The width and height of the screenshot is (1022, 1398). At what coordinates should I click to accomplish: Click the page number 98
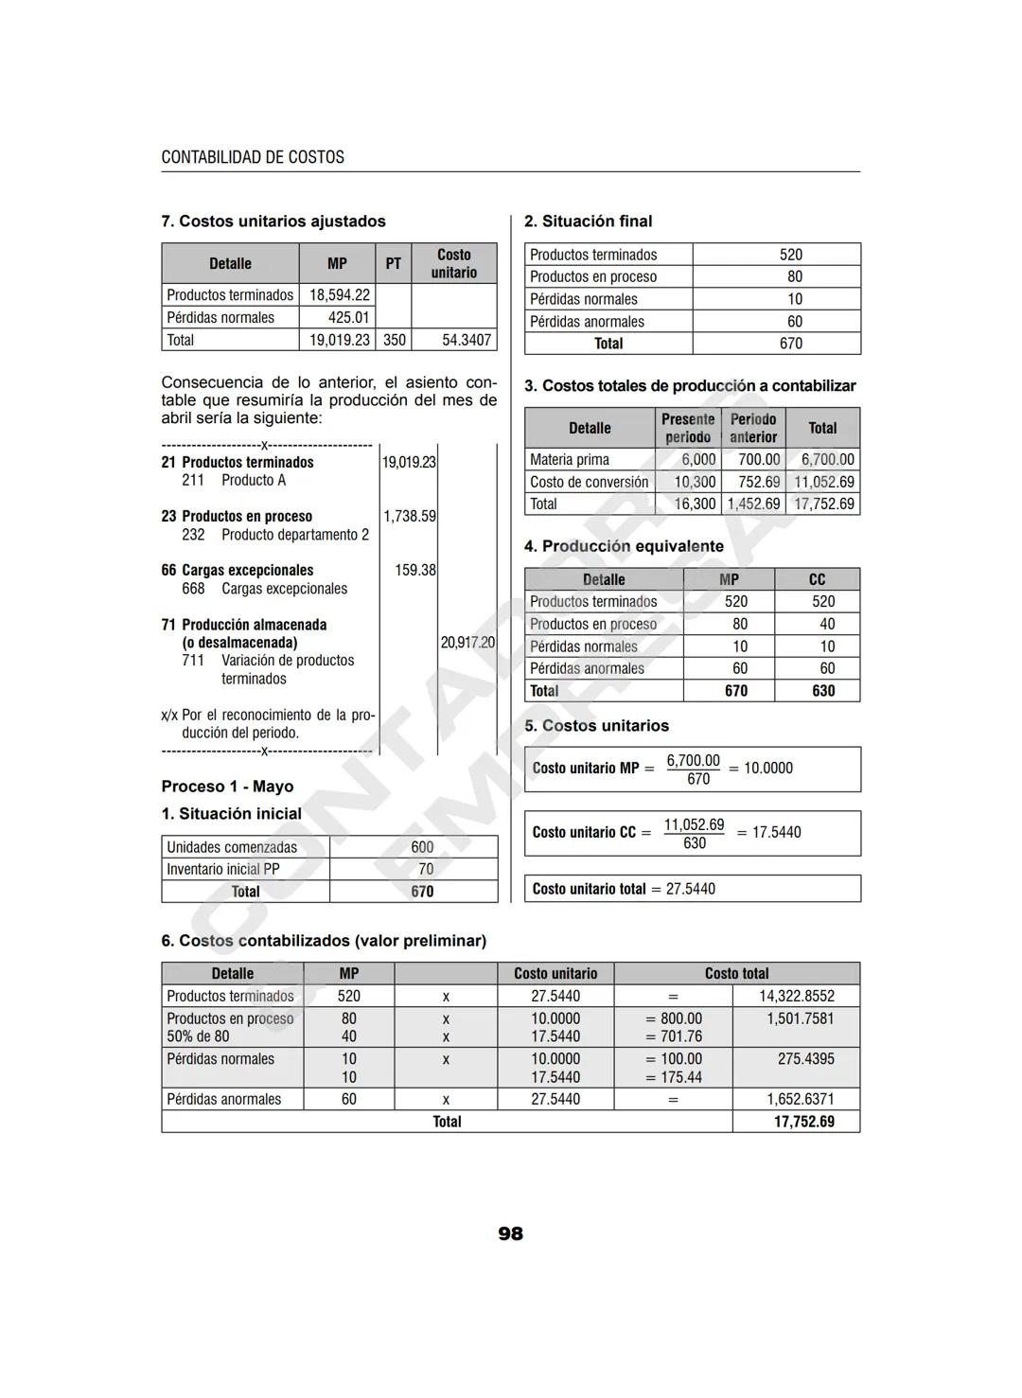[x=510, y=1233]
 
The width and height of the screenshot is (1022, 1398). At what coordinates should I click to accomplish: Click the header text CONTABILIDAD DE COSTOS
[x=253, y=157]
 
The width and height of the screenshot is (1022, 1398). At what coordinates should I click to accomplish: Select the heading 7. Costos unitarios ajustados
[x=273, y=221]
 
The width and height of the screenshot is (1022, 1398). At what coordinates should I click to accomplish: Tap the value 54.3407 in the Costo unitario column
[x=467, y=340]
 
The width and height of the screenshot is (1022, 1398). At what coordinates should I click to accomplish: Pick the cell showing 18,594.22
[x=340, y=295]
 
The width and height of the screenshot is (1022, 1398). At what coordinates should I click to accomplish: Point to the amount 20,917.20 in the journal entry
[x=467, y=643]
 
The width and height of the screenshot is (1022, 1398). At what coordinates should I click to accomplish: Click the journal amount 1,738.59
[x=410, y=517]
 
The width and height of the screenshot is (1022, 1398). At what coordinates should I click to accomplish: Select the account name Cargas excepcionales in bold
[x=247, y=571]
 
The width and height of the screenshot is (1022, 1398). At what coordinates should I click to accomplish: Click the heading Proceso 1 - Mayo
[x=227, y=787]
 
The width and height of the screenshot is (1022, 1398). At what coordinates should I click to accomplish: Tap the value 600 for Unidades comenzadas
[x=422, y=847]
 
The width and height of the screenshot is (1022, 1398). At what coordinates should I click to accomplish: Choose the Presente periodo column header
[x=688, y=428]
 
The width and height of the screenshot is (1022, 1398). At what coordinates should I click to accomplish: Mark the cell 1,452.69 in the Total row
[x=753, y=504]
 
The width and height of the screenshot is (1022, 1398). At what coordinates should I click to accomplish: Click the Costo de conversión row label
[x=589, y=482]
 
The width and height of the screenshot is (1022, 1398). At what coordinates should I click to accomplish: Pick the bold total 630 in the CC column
[x=823, y=691]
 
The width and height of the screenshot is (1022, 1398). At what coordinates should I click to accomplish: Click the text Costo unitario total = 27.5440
[x=624, y=889]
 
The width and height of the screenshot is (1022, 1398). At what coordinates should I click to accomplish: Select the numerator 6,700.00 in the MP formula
[x=693, y=761]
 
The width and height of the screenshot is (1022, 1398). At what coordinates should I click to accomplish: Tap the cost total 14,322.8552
[x=797, y=997]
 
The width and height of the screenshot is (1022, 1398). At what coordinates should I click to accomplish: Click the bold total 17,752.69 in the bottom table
[x=803, y=1122]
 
